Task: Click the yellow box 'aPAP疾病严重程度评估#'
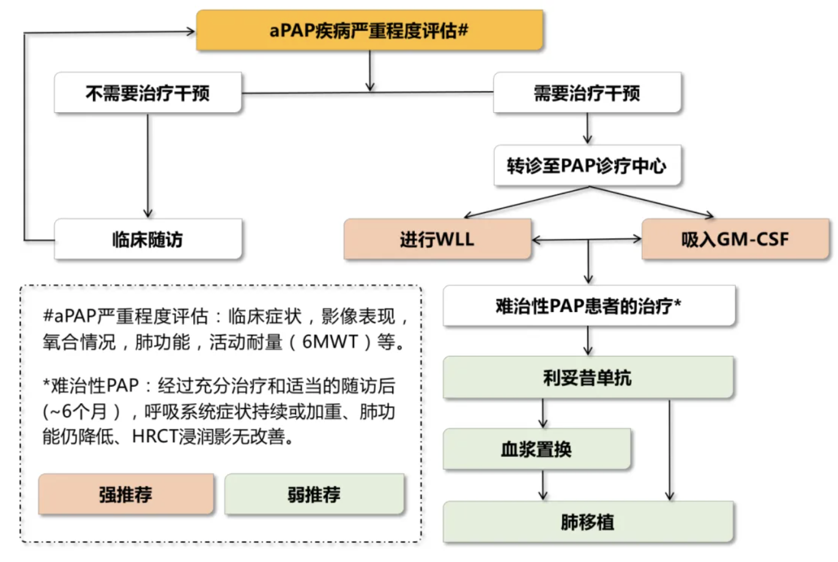[x=369, y=30]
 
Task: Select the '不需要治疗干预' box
[x=148, y=93]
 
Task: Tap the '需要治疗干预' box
[x=587, y=93]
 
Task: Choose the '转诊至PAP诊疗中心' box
[x=587, y=165]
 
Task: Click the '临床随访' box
[x=148, y=239]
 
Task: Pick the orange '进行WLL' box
[x=437, y=239]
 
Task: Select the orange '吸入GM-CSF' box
[x=735, y=239]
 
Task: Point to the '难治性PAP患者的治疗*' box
[x=588, y=305]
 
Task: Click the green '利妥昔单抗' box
[x=588, y=378]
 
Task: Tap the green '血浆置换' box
[x=536, y=450]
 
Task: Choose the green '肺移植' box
[x=588, y=522]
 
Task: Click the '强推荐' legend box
[x=126, y=494]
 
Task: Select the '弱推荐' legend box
[x=314, y=494]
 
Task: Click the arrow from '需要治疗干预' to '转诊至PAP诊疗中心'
[x=587, y=129]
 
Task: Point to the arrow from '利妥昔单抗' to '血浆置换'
[x=543, y=414]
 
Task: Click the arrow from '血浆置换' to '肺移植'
[x=543, y=486]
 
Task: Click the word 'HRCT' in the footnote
[x=155, y=436]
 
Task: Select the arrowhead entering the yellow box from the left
[x=190, y=31]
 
